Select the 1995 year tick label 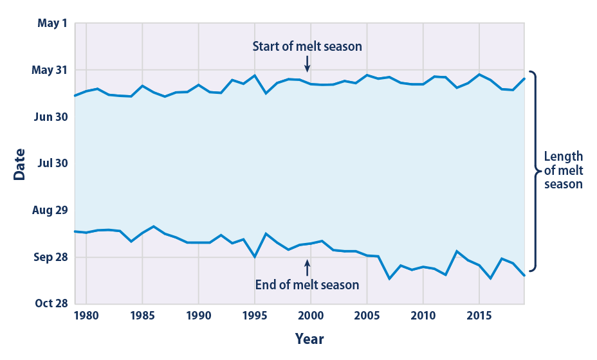coord(254,316)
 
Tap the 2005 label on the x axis coord(367,316)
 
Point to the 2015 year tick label coord(479,316)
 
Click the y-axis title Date coord(20,164)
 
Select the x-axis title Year coord(309,338)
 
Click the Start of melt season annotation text coord(307,46)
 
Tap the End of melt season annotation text coord(307,284)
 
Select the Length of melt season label coord(563,170)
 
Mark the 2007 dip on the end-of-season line coord(389,278)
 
